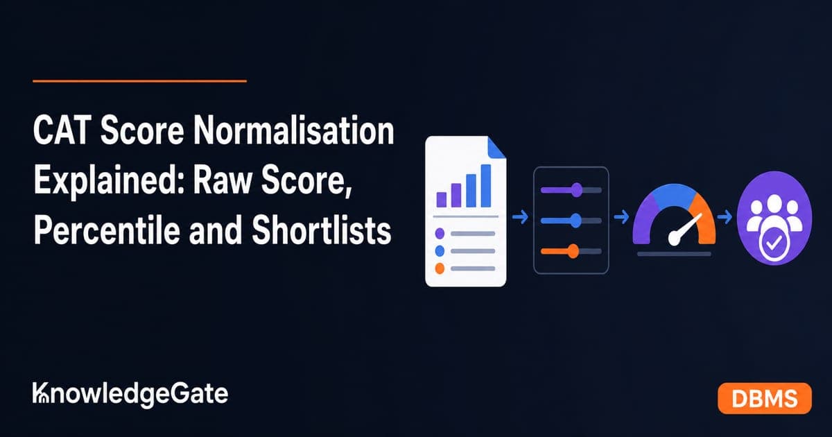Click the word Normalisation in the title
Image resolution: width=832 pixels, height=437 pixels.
click(294, 130)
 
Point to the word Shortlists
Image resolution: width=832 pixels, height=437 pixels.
click(321, 230)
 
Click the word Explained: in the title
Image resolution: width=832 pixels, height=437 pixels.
click(110, 182)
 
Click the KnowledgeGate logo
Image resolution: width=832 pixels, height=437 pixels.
click(130, 395)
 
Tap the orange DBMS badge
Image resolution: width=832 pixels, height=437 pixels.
click(764, 398)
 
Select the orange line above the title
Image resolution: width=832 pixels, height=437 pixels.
click(139, 80)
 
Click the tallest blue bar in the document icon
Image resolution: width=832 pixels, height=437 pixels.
click(486, 186)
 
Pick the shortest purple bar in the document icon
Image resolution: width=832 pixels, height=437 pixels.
click(441, 200)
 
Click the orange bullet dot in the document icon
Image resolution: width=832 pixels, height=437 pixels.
click(440, 268)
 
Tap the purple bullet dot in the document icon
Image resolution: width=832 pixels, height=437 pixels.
click(440, 233)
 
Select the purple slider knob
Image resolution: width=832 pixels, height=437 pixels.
click(576, 190)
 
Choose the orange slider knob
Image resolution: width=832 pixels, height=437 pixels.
click(573, 251)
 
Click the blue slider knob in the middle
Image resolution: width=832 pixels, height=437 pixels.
click(575, 221)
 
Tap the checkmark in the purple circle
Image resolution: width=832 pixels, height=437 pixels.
click(774, 243)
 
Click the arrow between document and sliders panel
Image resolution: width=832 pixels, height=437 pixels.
click(520, 217)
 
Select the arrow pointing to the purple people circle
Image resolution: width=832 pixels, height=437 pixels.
click(725, 217)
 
